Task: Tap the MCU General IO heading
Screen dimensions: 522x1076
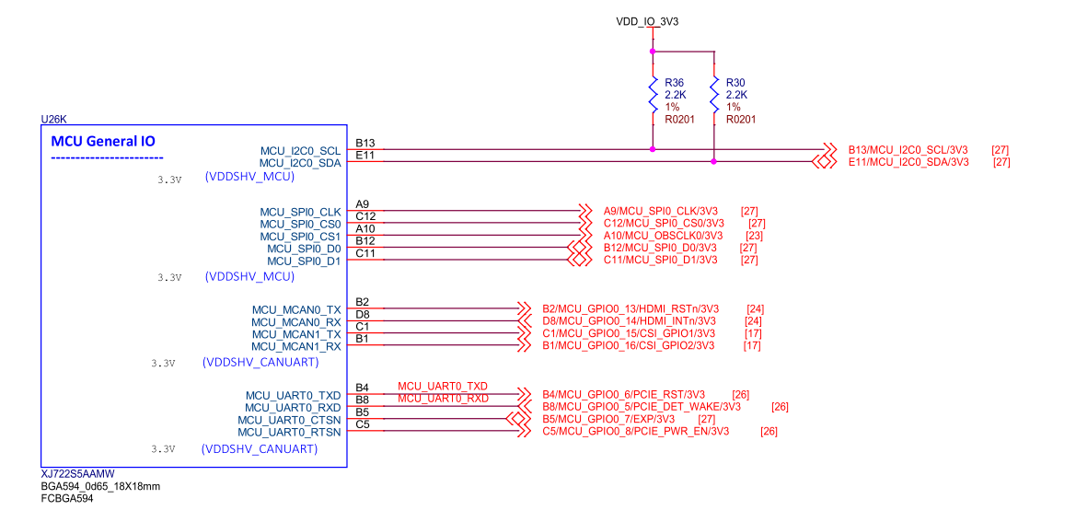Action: point(103,142)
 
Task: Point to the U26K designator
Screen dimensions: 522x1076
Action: point(54,120)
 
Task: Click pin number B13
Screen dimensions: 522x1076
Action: point(365,144)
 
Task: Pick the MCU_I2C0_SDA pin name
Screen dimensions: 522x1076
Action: point(300,162)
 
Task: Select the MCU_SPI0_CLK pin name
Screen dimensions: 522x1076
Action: point(300,213)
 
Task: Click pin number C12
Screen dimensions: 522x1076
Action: point(365,217)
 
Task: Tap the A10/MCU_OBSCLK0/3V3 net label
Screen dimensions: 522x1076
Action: point(664,236)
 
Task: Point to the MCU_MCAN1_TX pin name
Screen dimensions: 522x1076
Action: point(296,334)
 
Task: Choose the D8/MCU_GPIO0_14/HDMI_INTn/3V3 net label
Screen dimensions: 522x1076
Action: point(631,321)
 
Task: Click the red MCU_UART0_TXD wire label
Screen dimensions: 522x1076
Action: point(443,386)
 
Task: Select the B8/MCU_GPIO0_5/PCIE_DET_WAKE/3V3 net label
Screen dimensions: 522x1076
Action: point(642,407)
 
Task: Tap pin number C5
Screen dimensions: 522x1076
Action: point(363,424)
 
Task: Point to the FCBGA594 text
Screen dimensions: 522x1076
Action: point(67,498)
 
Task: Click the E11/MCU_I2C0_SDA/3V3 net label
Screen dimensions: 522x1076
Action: point(908,162)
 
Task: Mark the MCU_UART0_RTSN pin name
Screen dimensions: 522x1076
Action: point(289,432)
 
